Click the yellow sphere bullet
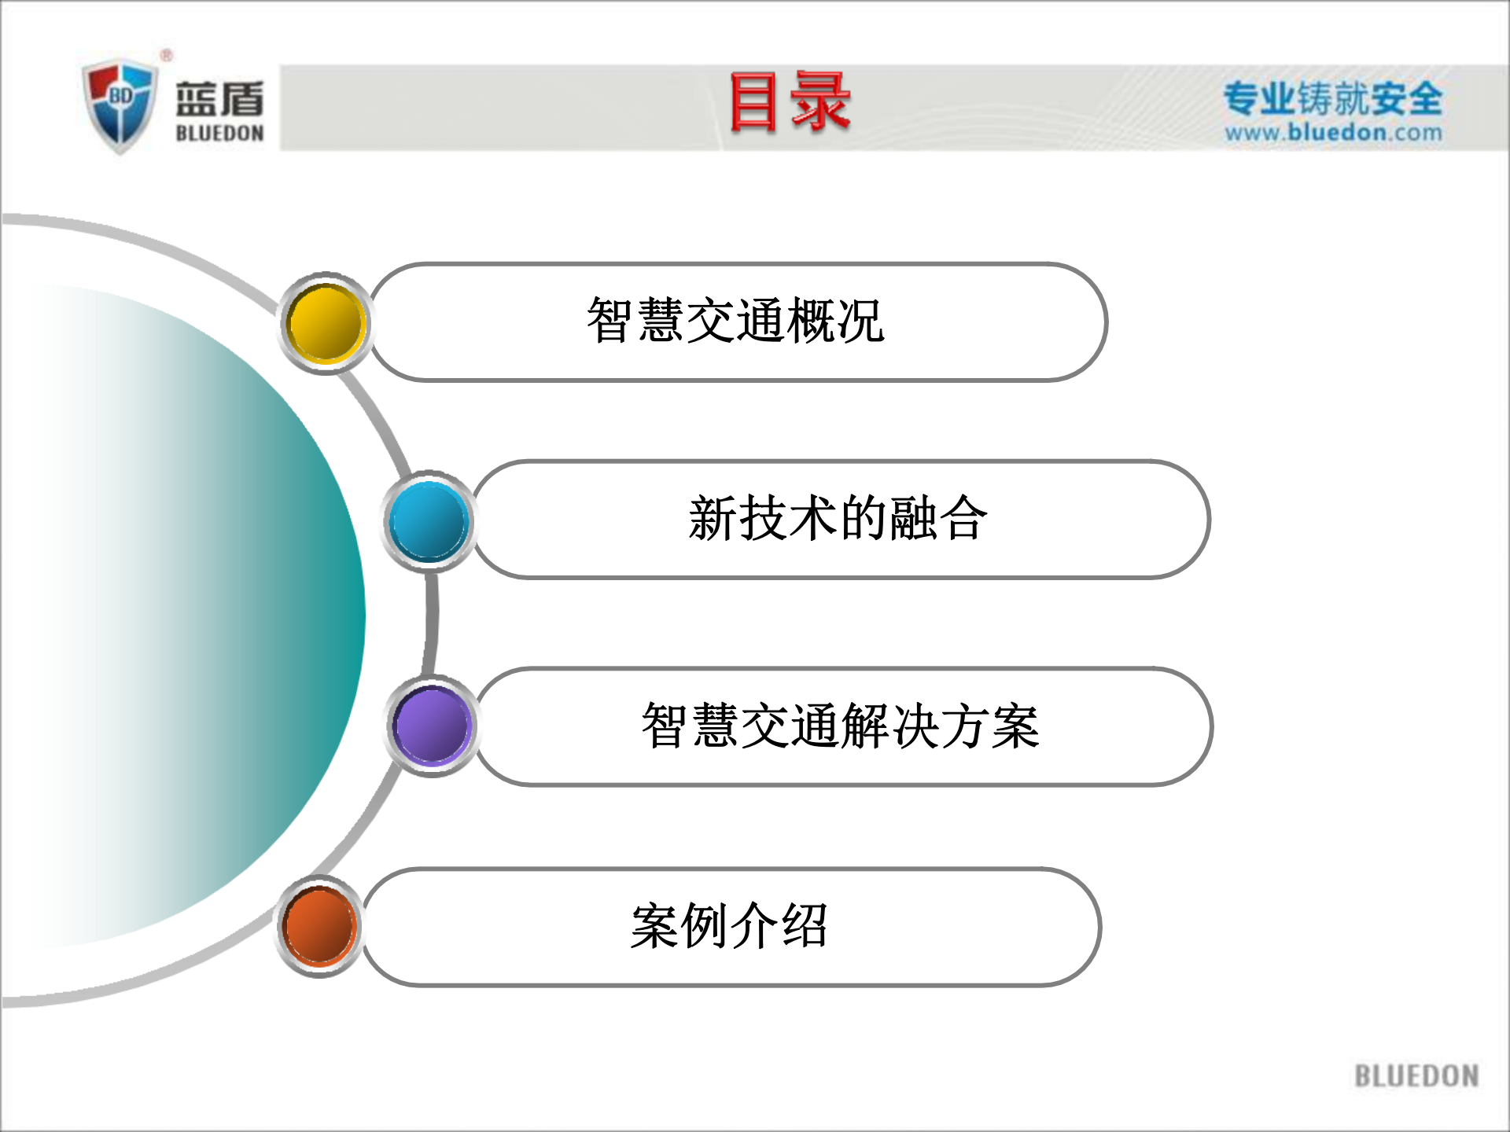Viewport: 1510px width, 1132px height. (326, 323)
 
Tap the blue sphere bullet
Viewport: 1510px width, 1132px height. (429, 521)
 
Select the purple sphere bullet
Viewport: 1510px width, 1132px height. (432, 726)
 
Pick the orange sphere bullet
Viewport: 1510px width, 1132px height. (319, 926)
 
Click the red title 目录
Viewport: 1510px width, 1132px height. (790, 102)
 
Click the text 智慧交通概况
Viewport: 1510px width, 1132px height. (735, 321)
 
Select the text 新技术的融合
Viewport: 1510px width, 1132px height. (838, 519)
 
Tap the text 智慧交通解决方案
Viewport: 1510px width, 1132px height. (840, 726)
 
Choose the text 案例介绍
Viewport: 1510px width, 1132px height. (729, 926)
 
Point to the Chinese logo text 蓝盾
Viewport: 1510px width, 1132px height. (219, 99)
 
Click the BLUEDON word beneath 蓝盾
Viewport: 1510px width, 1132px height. (219, 134)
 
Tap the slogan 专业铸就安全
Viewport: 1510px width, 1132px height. (1333, 98)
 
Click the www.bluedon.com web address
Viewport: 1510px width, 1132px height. (1333, 132)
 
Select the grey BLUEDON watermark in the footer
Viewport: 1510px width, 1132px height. (1416, 1075)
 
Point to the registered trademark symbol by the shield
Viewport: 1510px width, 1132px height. (166, 55)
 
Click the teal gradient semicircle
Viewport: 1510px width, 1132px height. (236, 613)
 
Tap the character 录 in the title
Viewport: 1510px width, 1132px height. (820, 102)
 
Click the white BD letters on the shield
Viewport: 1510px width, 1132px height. (121, 96)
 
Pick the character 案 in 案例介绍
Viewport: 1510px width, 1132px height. (654, 926)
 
